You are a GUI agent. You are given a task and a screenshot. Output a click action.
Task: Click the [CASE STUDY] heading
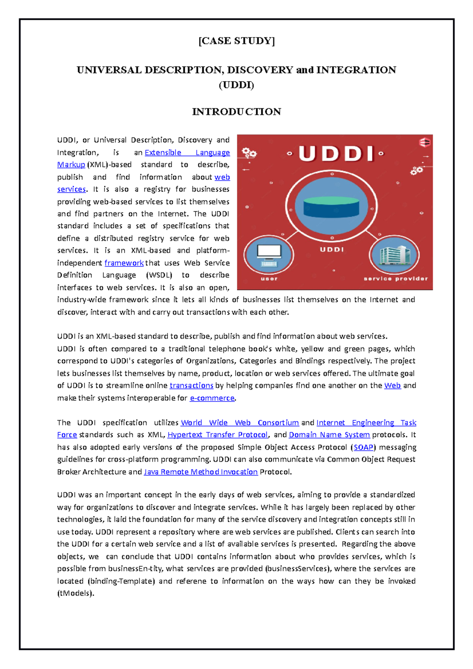[x=236, y=41]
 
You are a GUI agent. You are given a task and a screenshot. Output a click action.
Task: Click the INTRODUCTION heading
[x=236, y=112]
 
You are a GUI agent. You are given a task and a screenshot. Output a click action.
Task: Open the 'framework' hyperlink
[x=124, y=263]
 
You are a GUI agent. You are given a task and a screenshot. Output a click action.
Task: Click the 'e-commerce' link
[x=212, y=398]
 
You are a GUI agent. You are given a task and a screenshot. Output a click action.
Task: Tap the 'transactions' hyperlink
[x=191, y=385]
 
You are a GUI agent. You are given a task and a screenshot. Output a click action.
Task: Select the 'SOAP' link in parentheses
[x=363, y=447]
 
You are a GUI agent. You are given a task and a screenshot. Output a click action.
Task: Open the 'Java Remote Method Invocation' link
[x=201, y=472]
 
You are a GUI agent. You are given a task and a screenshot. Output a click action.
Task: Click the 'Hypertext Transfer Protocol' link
[x=218, y=435]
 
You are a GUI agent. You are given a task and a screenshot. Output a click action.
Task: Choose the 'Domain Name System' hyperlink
[x=329, y=435]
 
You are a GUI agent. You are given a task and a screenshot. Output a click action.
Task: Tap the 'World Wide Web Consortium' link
[x=240, y=422]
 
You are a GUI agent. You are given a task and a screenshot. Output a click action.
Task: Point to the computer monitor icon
[x=269, y=255]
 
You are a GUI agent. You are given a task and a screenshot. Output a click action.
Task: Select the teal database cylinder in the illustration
[x=331, y=207]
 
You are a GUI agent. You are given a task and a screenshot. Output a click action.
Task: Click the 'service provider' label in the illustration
[x=395, y=279]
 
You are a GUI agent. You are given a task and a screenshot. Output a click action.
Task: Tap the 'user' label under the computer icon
[x=269, y=279]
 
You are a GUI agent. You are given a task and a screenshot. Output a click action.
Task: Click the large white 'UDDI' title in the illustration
[x=336, y=154]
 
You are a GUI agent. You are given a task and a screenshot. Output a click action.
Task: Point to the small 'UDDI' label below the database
[x=331, y=249]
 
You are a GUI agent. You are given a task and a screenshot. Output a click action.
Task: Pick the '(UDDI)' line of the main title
[x=236, y=85]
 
